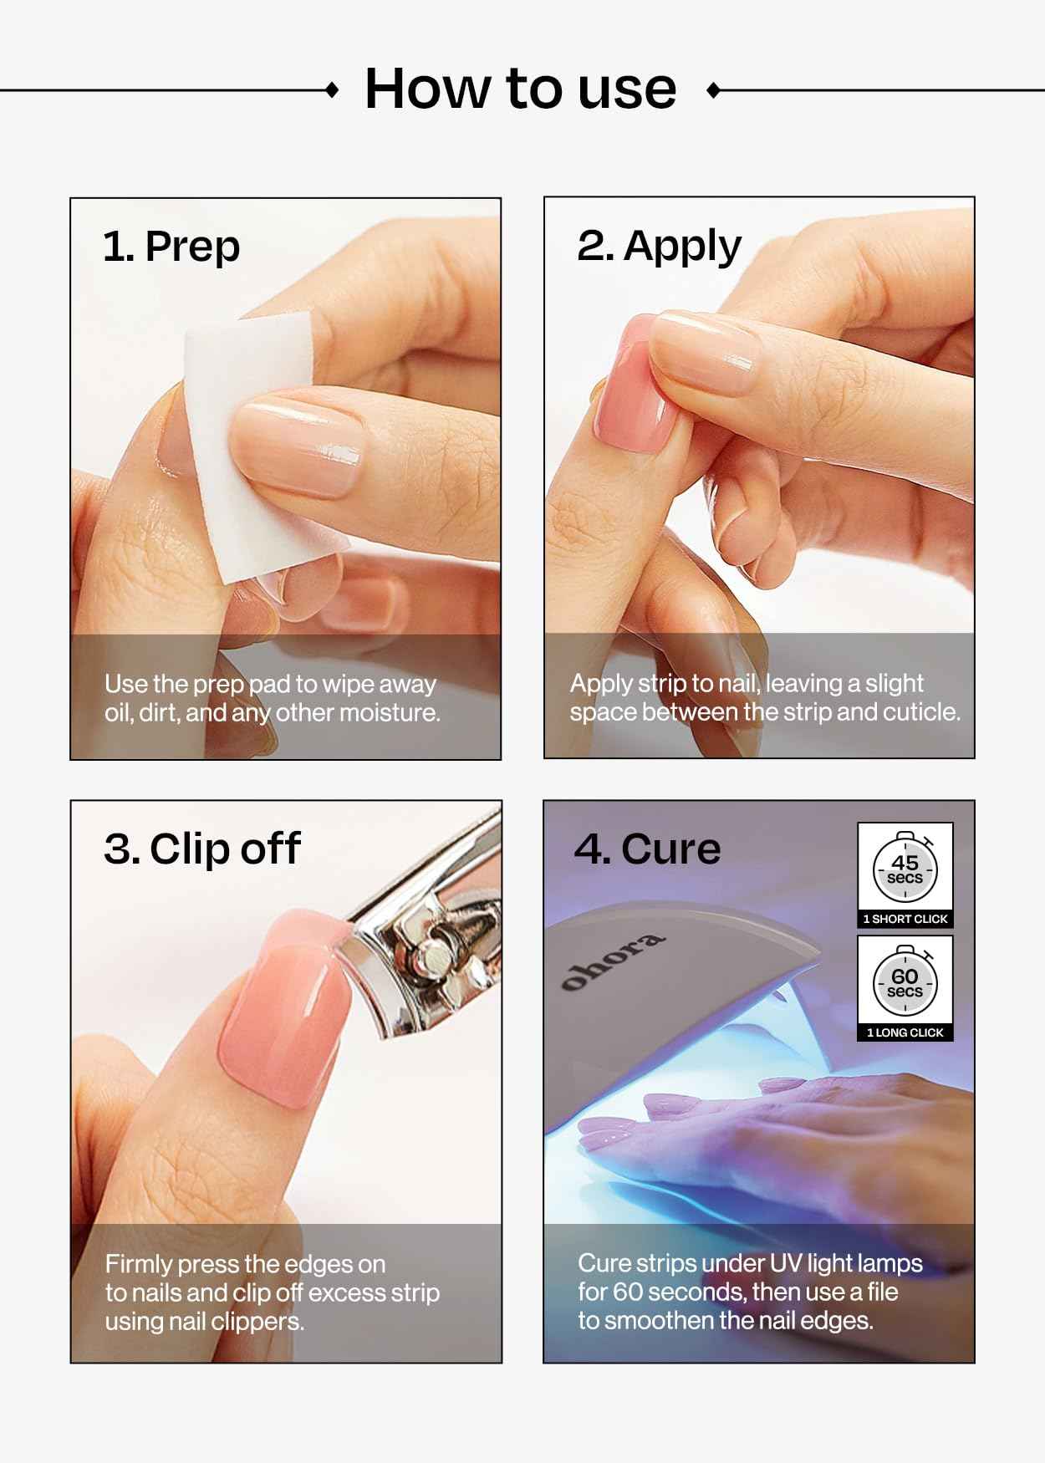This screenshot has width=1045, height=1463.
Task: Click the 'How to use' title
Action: click(x=520, y=89)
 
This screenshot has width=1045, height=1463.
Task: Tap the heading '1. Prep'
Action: click(x=171, y=247)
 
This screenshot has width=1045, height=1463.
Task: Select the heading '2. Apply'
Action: click(x=659, y=247)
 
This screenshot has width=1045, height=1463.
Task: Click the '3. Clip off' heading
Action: click(x=201, y=849)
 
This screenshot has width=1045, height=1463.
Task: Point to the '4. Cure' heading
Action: click(x=647, y=849)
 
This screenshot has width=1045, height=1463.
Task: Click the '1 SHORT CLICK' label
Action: click(x=905, y=919)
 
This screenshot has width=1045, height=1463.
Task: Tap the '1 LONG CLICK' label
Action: click(x=905, y=1032)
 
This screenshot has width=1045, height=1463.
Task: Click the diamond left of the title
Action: click(x=332, y=90)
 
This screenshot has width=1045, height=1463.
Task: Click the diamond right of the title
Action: click(x=713, y=90)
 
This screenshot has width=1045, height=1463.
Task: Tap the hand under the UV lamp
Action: click(x=803, y=1120)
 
